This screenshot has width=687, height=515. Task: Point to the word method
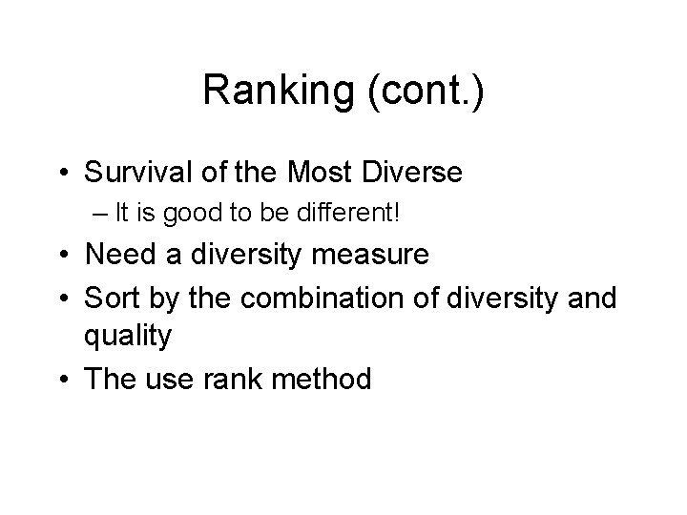click(x=323, y=379)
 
